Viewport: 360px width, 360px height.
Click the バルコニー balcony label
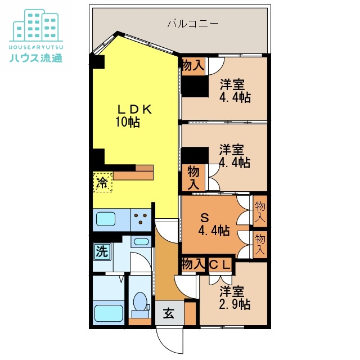click(x=193, y=24)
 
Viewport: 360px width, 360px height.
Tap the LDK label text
click(x=134, y=109)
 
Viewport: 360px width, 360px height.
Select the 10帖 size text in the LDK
click(x=128, y=121)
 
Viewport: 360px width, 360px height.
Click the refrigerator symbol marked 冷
click(x=102, y=182)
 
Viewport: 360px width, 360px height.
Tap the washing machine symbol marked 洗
click(x=102, y=251)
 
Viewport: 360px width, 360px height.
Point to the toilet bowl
click(x=140, y=301)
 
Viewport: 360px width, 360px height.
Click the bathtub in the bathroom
click(x=109, y=313)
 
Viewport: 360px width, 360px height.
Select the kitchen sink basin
click(x=106, y=219)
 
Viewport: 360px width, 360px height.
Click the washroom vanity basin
click(x=141, y=241)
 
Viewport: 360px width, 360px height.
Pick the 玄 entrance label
click(x=169, y=313)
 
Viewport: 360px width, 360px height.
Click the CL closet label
click(x=220, y=265)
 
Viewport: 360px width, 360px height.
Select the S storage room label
click(x=205, y=218)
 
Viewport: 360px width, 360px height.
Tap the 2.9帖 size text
click(x=235, y=304)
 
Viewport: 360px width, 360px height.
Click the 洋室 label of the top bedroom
click(x=232, y=84)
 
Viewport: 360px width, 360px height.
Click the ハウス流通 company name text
click(x=36, y=57)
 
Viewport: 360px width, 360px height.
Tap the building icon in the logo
click(x=36, y=25)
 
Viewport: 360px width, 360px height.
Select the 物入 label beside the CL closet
click(x=193, y=264)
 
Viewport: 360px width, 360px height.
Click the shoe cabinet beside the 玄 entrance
click(x=190, y=313)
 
